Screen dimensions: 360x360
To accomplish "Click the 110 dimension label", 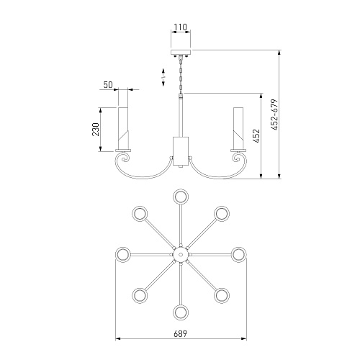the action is pos(181,27).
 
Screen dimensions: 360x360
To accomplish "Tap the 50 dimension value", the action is pos(108,85).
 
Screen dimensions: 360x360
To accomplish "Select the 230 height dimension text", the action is pos(96,130).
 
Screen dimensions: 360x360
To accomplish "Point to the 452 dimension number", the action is pos(256,136).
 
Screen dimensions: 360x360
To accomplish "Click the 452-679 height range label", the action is pos(274,114).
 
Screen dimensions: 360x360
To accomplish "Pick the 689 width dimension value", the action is pos(180,333).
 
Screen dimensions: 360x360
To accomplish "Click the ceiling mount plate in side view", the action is pos(181,52).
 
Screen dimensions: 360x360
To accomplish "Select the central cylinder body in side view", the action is pos(181,151).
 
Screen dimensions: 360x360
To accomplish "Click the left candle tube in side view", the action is pos(123,128).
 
